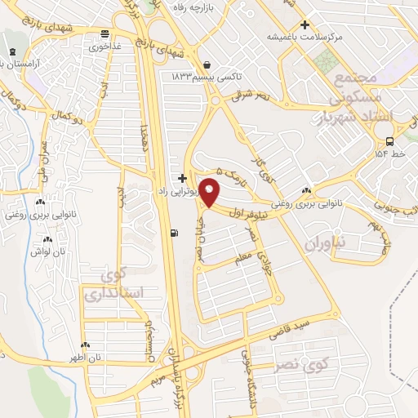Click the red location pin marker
210,193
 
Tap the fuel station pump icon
174,233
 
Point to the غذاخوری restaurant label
104,47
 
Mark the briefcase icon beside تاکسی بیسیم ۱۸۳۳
207,64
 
